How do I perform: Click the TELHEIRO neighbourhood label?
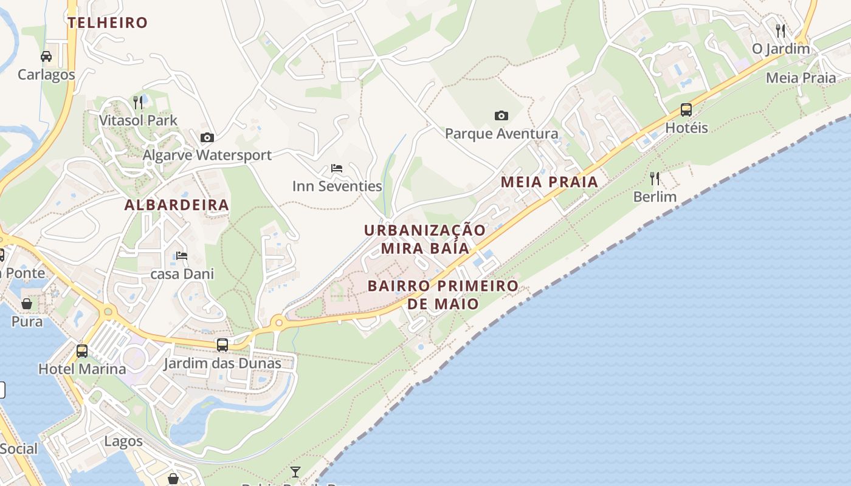pyautogui.click(x=108, y=23)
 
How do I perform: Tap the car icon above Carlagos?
pyautogui.click(x=46, y=56)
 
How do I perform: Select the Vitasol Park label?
pyautogui.click(x=138, y=120)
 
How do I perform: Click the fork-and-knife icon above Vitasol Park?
pyautogui.click(x=138, y=101)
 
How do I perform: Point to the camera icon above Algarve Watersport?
pyautogui.click(x=207, y=137)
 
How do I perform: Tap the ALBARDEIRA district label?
pyautogui.click(x=177, y=205)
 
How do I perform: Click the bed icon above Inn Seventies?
pyautogui.click(x=337, y=168)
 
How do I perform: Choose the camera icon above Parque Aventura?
pyautogui.click(x=501, y=115)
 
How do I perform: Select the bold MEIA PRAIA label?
pyautogui.click(x=550, y=182)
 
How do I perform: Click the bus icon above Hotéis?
pyautogui.click(x=686, y=110)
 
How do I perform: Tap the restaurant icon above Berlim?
pyautogui.click(x=655, y=179)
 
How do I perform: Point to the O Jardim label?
pyautogui.click(x=781, y=49)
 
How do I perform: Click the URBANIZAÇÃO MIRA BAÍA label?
pyautogui.click(x=425, y=239)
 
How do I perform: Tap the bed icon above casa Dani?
pyautogui.click(x=182, y=256)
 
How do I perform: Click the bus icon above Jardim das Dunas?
pyautogui.click(x=222, y=345)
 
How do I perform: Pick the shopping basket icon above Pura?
pyautogui.click(x=27, y=303)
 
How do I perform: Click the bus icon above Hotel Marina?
pyautogui.click(x=82, y=351)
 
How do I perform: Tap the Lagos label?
pyautogui.click(x=123, y=441)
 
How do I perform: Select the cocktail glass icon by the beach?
pyautogui.click(x=295, y=471)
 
